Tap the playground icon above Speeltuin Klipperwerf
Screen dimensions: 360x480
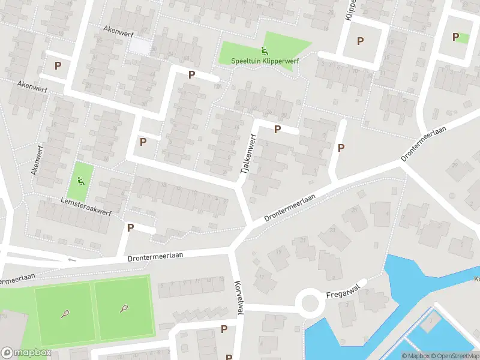point(264,51)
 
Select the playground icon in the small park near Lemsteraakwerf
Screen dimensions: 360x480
point(80,180)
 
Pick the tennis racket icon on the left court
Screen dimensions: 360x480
point(65,313)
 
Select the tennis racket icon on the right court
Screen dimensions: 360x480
point(124,308)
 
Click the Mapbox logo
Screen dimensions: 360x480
point(26,353)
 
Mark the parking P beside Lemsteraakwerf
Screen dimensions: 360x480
point(130,227)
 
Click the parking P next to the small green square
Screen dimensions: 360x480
point(455,37)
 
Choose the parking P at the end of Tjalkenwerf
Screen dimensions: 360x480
point(277,129)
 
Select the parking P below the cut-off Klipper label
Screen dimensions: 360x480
point(360,41)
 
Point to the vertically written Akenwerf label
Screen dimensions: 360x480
point(38,159)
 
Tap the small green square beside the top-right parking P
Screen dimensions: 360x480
point(463,38)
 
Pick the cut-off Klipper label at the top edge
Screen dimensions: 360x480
point(350,10)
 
